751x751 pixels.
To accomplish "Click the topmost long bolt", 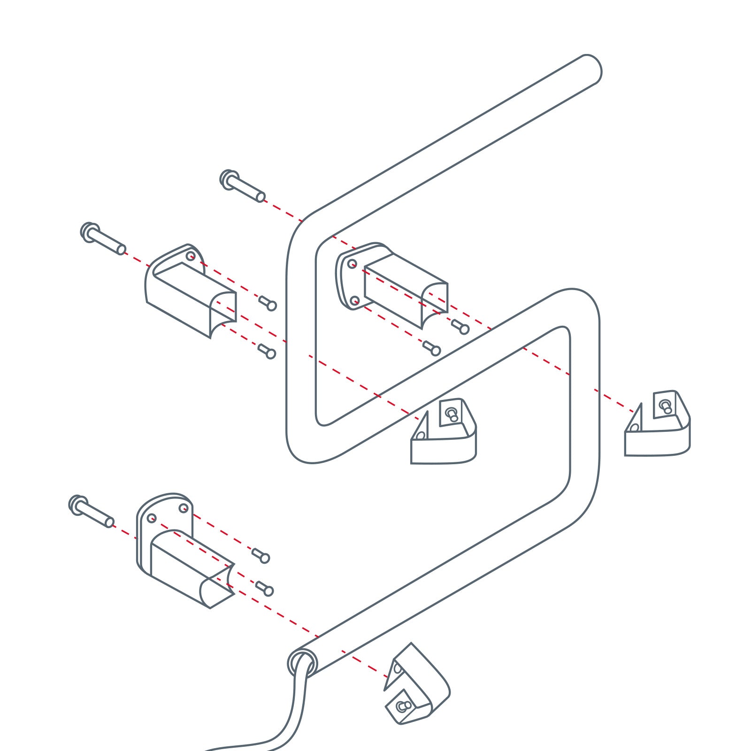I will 242,186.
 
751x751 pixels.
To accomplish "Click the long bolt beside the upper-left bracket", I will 103,239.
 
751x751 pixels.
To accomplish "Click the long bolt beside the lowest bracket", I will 91,512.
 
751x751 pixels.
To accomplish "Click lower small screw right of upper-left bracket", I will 267,351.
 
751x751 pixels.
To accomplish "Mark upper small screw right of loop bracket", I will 460,327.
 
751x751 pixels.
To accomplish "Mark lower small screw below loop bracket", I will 431,348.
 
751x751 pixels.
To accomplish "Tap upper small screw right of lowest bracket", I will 261,556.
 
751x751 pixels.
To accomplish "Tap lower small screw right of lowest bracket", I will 265,589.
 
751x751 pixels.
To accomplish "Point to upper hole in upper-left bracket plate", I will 191,256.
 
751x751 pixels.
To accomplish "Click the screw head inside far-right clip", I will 665,405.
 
